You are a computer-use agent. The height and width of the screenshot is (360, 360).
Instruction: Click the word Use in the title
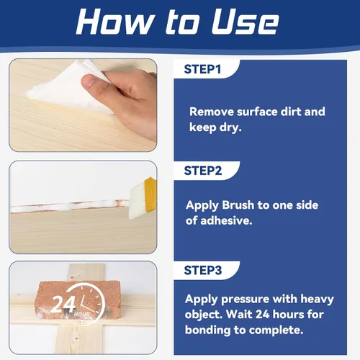[x=246, y=22]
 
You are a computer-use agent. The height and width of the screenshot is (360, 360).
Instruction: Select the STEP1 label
[x=202, y=69]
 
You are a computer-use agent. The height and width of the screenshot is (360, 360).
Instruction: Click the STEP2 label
[x=203, y=171]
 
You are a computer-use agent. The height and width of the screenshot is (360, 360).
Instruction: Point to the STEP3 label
[x=203, y=270]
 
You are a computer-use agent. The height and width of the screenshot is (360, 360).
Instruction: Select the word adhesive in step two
[x=226, y=220]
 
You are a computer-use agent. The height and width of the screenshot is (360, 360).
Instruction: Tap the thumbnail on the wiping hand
[x=89, y=81]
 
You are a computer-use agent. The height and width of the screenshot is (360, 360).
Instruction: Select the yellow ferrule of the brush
[x=150, y=194]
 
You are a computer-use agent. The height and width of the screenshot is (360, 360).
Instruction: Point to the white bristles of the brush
[x=138, y=201]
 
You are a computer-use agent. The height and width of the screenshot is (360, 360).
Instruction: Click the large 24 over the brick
[x=63, y=305]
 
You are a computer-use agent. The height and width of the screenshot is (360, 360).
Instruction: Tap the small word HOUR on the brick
[x=82, y=314]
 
